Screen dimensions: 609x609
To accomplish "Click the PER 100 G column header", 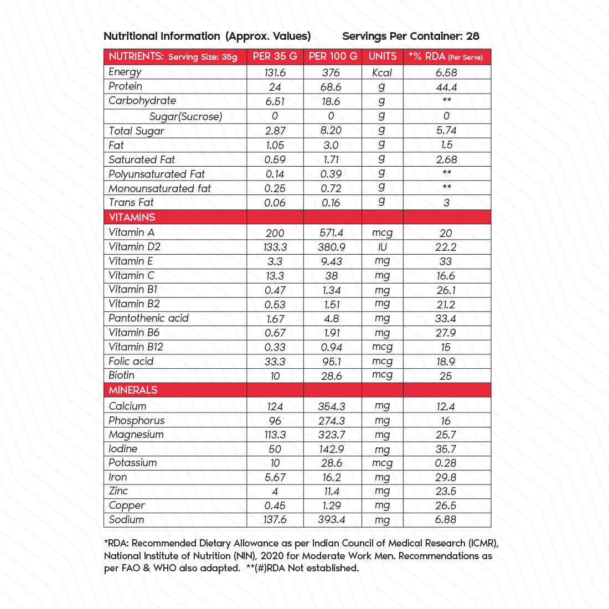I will [333, 56].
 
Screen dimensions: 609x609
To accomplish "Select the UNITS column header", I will [383, 56].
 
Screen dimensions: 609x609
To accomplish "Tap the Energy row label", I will [125, 72].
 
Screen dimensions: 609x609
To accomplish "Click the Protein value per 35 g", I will [275, 87].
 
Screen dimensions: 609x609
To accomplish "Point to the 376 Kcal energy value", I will [331, 73].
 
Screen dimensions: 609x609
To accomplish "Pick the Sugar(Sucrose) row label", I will [185, 116].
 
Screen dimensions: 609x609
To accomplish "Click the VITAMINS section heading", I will [132, 217].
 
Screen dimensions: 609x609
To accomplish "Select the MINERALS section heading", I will [133, 390].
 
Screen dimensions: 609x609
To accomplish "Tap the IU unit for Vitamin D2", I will [382, 247].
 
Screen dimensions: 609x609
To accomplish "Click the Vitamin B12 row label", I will [136, 347].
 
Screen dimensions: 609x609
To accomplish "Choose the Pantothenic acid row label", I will [148, 318].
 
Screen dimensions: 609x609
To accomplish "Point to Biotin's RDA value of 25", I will [446, 376].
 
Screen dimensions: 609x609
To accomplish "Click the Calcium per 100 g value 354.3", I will [332, 406].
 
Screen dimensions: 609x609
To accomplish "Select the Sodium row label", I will [126, 520].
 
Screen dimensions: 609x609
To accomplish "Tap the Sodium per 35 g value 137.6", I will [275, 520].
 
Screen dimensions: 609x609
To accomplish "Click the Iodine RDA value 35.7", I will [446, 449].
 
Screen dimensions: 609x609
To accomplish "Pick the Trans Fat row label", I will [131, 203].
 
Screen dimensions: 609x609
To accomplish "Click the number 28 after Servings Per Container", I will [472, 37].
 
